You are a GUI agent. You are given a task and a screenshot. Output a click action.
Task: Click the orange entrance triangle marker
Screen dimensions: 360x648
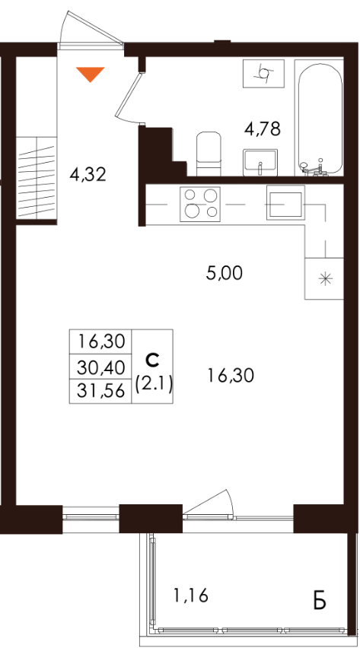point(91,74)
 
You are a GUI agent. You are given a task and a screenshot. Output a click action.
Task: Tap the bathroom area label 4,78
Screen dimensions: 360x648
point(263,129)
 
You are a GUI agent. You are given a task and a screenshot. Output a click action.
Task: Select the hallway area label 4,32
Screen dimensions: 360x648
point(88,175)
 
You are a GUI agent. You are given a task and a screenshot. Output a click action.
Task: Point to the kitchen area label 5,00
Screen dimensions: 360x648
point(224,273)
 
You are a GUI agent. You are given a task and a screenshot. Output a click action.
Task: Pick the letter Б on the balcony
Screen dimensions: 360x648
point(320,602)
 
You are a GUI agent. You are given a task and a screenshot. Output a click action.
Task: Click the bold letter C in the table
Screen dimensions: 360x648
point(152,361)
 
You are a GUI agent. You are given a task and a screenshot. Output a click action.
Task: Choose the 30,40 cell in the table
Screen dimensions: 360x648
point(100,366)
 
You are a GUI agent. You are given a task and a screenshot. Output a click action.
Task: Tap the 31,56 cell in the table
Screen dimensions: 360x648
point(100,390)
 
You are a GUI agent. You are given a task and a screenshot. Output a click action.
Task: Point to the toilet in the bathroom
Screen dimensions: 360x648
point(209,154)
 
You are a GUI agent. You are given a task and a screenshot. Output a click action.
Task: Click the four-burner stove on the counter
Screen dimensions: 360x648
point(200,204)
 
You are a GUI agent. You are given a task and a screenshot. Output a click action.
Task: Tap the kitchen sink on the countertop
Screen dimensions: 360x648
point(285,203)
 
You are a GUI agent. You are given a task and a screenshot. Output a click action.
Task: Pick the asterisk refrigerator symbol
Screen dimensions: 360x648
point(324,278)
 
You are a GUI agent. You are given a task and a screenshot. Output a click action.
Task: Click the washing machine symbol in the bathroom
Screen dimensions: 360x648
point(263,73)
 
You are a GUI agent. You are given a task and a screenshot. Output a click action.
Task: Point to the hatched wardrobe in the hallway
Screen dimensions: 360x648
point(37,178)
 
